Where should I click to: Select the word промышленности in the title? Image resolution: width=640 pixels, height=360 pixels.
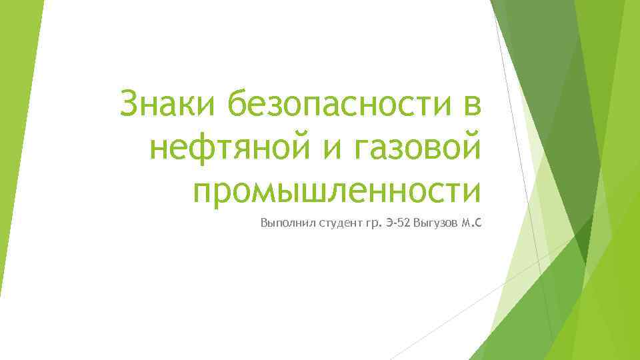tap(337, 191)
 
